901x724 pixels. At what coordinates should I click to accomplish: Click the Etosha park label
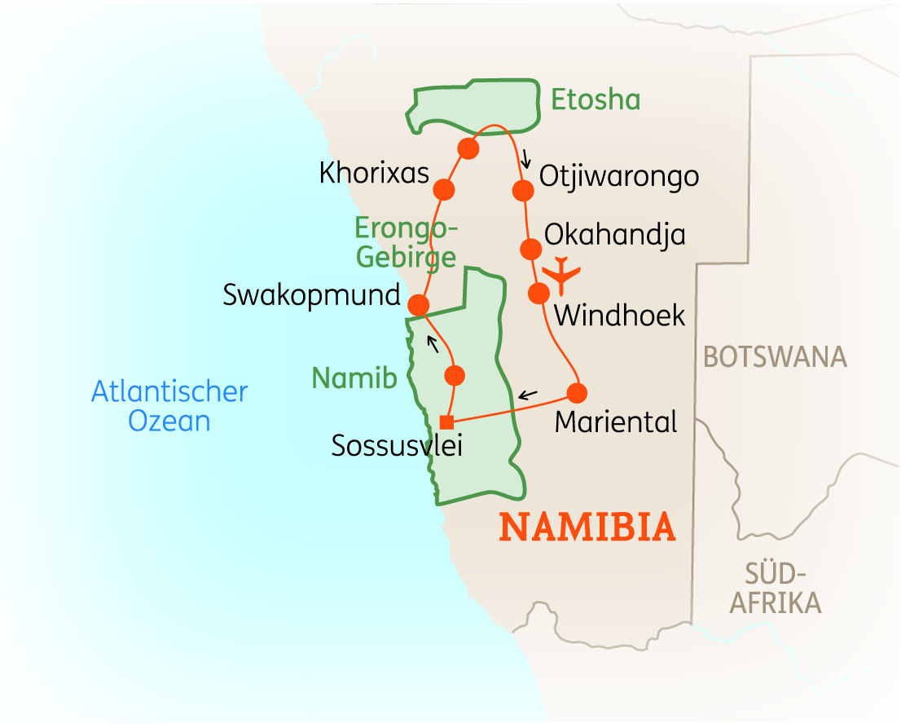[x=596, y=99]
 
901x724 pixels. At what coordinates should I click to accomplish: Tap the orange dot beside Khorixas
[x=444, y=190]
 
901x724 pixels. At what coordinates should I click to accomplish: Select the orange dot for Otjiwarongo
[x=523, y=191]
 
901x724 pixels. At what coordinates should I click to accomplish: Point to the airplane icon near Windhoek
[x=562, y=274]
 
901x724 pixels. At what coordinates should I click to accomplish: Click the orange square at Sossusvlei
[x=446, y=422]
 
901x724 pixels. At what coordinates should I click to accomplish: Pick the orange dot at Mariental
[x=577, y=393]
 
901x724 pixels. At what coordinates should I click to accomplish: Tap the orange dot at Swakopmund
[x=418, y=305]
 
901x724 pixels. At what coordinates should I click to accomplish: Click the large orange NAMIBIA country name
[x=587, y=528]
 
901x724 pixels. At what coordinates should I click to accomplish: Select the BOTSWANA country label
[x=775, y=357]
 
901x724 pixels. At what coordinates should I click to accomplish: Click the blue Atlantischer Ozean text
[x=169, y=406]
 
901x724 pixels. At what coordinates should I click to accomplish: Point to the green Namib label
[x=354, y=378]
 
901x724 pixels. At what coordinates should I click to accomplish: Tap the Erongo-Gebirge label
[x=407, y=243]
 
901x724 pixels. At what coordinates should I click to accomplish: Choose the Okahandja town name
[x=614, y=235]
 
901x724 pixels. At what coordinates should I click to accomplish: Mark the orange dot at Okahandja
[x=530, y=249]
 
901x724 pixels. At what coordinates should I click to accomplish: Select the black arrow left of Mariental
[x=528, y=395]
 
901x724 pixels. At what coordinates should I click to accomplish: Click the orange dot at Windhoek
[x=538, y=294]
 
